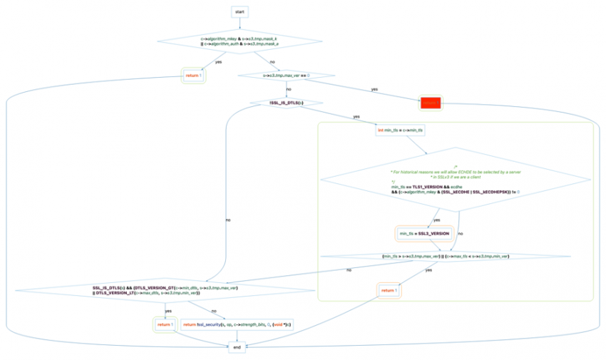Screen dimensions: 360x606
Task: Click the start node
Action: [x=239, y=12]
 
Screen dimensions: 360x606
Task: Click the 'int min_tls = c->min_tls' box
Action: [x=400, y=130]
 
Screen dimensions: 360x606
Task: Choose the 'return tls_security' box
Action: [x=238, y=324]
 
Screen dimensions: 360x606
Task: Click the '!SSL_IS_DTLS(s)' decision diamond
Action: [x=287, y=103]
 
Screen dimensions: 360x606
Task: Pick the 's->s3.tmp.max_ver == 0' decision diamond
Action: [x=287, y=75]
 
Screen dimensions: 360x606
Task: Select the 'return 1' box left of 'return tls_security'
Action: [x=165, y=324]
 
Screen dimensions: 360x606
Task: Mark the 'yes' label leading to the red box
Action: [x=374, y=89]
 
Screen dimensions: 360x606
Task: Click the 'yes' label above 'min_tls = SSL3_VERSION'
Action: [x=437, y=220]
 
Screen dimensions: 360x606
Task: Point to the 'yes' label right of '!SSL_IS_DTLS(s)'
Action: [x=356, y=117]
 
